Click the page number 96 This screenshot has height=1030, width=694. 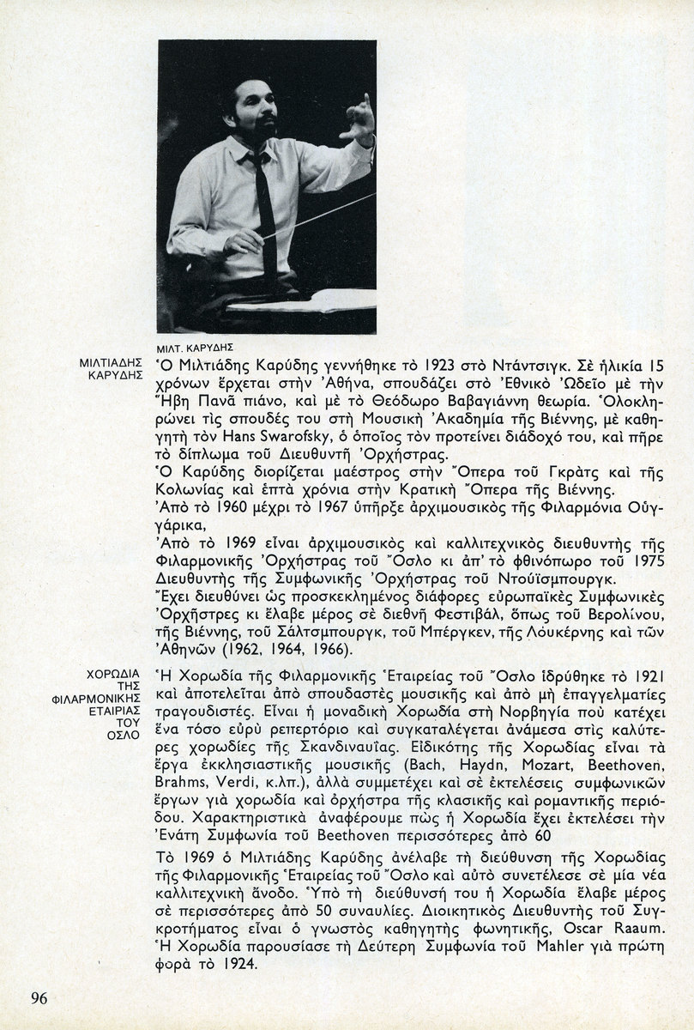click(40, 997)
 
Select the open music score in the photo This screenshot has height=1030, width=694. click(309, 301)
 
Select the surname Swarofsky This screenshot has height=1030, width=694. click(281, 439)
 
